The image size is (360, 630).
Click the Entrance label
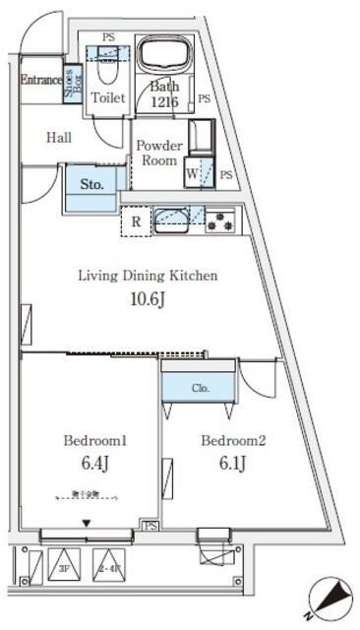coord(40,80)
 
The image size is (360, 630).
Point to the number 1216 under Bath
coord(164,100)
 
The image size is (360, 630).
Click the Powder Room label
coord(159,153)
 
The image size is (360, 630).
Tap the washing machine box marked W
coord(193,175)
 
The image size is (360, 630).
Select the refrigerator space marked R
coord(135,221)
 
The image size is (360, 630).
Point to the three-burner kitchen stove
coord(219,221)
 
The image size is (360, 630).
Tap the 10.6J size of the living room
coord(147,300)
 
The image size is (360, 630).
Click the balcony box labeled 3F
coord(63,568)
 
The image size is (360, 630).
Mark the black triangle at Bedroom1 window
coord(88,523)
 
